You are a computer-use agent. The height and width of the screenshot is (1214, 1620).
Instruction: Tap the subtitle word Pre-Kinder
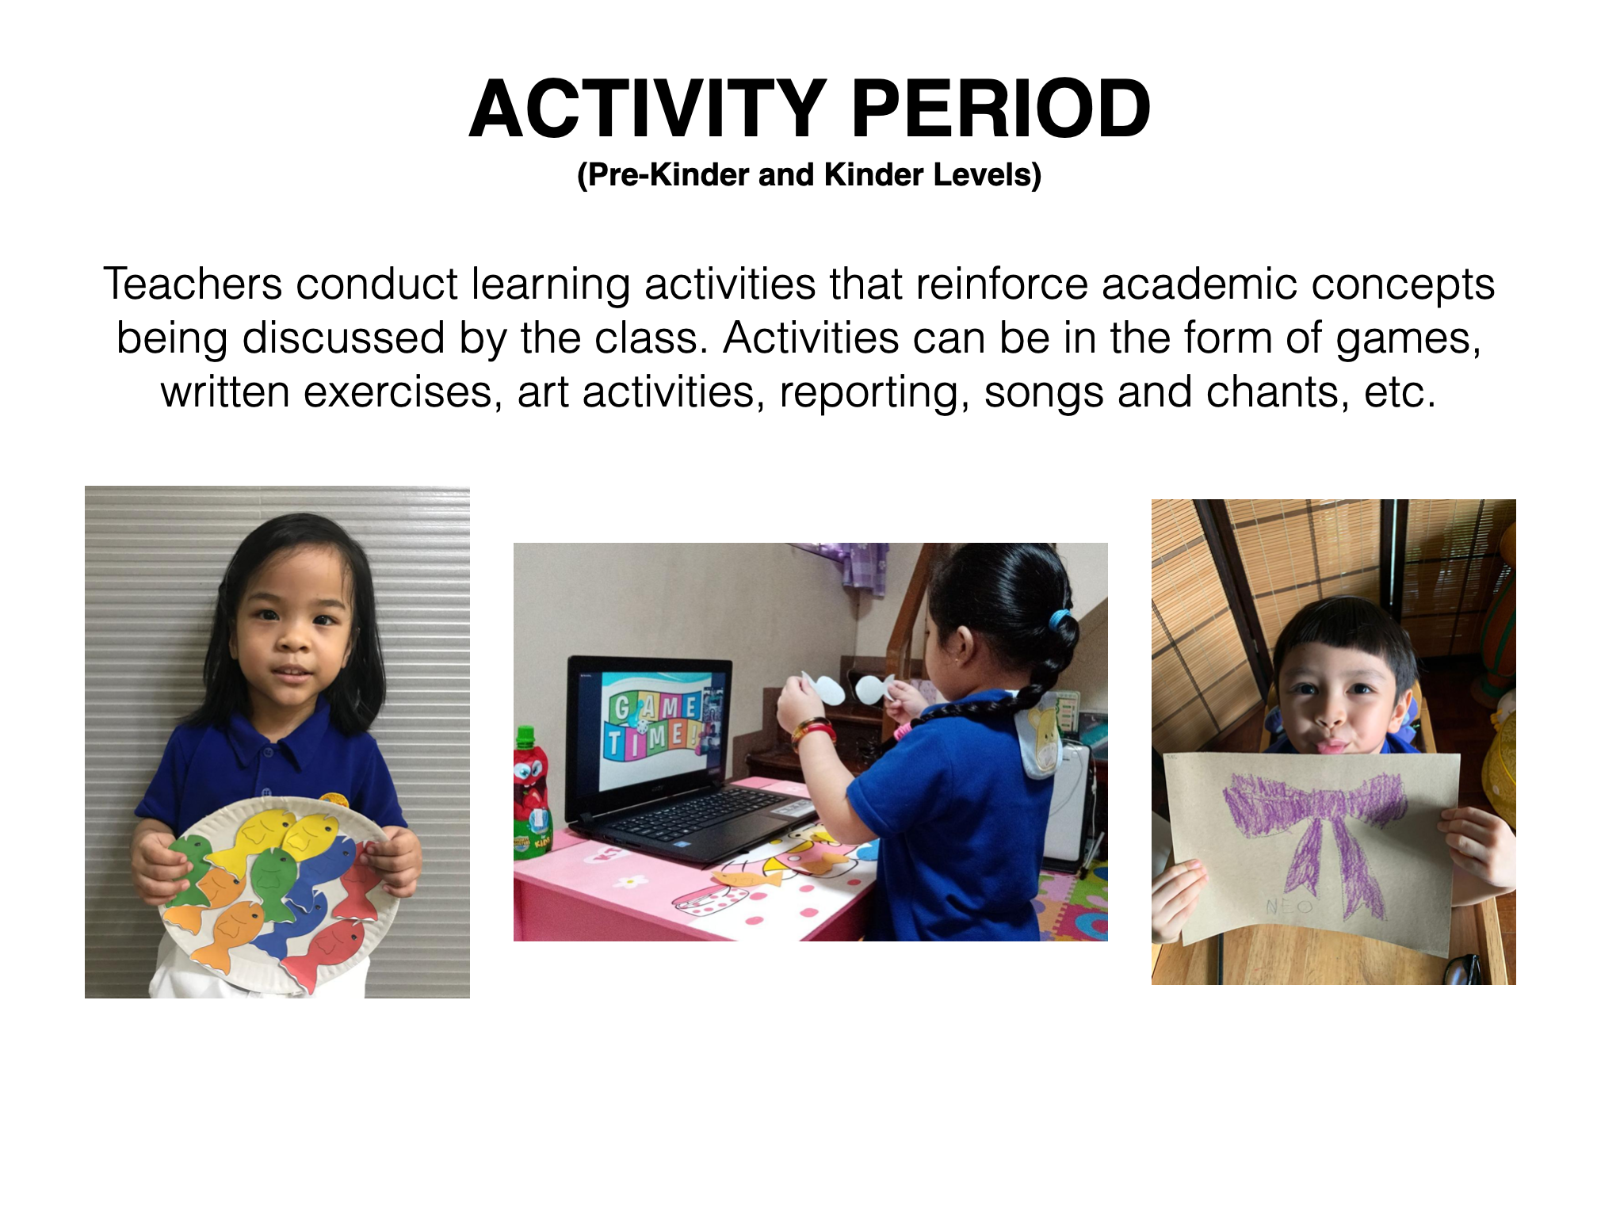(x=663, y=174)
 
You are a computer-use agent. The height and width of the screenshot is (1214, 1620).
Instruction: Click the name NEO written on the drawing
(x=1289, y=905)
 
